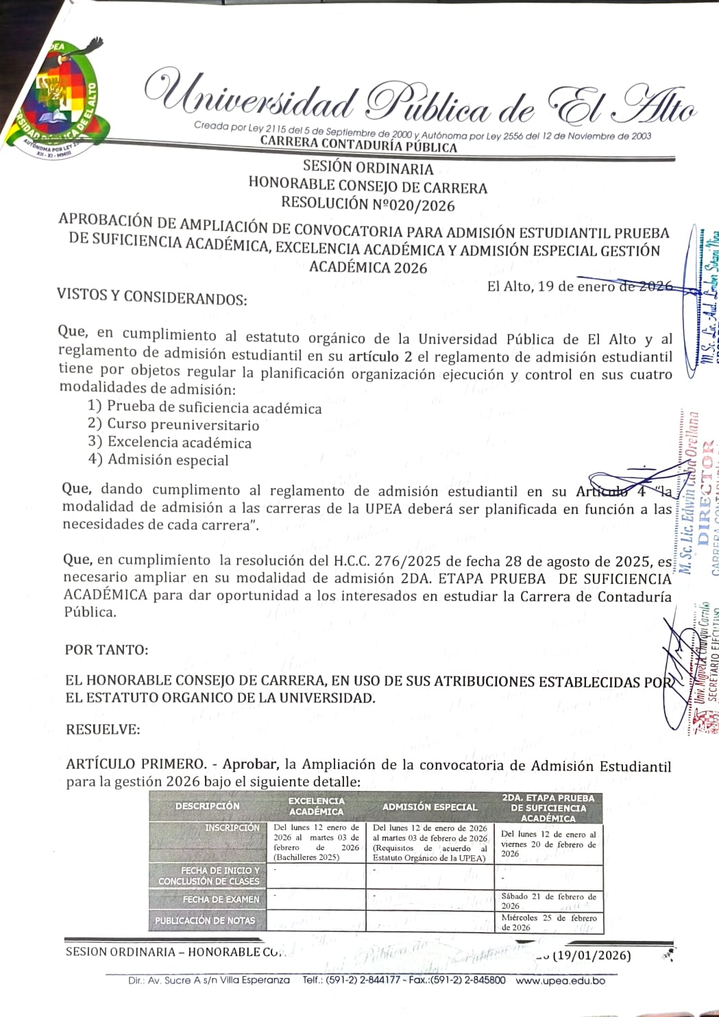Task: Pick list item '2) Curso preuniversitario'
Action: pos(173,425)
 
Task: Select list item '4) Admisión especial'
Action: pos(158,460)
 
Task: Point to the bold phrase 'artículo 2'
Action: pos(380,356)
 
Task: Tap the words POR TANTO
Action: pos(106,650)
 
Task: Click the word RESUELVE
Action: pos(103,729)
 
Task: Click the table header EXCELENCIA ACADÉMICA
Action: pos(316,806)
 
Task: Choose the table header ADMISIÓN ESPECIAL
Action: pos(429,807)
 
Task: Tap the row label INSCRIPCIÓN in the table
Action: pos(232,828)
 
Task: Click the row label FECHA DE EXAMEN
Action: pos(221,899)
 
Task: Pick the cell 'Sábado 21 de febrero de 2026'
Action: pos(548,900)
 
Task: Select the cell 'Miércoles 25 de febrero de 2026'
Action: pos(548,922)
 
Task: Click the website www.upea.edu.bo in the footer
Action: pos(560,980)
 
